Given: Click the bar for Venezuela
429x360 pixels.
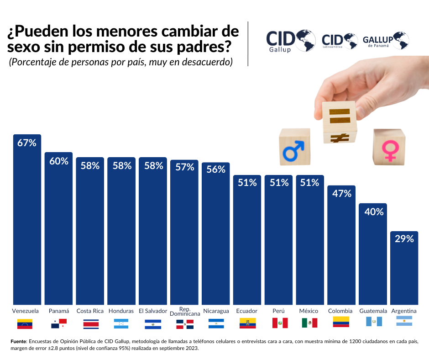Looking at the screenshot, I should (x=27, y=219).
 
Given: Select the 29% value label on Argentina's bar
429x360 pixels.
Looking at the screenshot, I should (x=404, y=238).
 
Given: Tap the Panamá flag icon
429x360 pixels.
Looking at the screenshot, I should (x=59, y=324).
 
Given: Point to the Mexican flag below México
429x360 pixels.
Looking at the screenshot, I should (x=309, y=323).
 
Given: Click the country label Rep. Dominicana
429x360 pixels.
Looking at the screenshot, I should (x=185, y=311).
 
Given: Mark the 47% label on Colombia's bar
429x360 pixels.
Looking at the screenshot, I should (x=341, y=193).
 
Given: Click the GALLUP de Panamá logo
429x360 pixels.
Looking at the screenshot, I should (x=385, y=41).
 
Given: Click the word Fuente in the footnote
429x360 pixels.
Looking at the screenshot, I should (x=18, y=341).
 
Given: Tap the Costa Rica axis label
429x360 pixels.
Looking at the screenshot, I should (x=90, y=311).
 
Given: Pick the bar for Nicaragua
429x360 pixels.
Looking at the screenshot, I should (x=216, y=233).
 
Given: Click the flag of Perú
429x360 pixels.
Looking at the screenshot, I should (x=280, y=323).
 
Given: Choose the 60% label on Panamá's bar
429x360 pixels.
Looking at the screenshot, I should (x=59, y=161).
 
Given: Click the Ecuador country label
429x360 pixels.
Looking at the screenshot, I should (x=247, y=311).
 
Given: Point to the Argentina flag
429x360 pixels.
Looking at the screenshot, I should (x=404, y=321).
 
